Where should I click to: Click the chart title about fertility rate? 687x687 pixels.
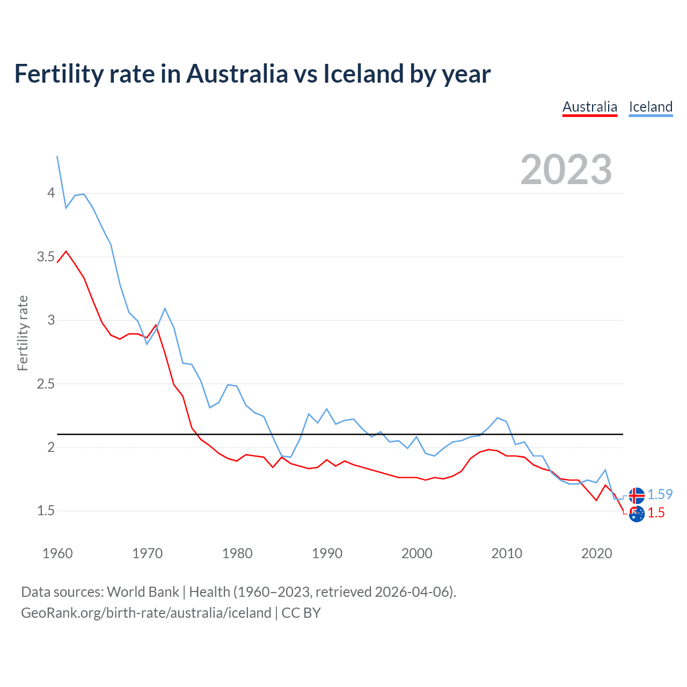coord(252,74)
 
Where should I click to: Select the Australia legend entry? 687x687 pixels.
coord(590,107)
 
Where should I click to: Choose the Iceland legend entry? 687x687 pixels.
coord(651,107)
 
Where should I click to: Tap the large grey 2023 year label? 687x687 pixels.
coord(566,170)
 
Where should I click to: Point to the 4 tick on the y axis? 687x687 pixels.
coord(51,193)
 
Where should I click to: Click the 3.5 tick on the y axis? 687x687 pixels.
coord(46,257)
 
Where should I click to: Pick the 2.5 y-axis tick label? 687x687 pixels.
coord(46,384)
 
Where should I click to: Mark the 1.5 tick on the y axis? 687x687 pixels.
coord(46,511)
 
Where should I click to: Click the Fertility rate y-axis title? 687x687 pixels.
coord(23,333)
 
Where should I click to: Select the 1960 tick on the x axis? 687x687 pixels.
coord(57,553)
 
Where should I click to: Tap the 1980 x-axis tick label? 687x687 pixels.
coord(237,553)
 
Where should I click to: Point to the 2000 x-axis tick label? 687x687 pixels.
coord(416,553)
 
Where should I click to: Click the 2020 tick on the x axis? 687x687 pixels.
coord(596,553)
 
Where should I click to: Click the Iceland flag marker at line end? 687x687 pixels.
coord(637,495)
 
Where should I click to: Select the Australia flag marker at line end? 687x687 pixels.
coord(637,514)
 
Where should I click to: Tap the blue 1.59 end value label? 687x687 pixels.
coord(660,494)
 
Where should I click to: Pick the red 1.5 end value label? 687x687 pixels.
coord(656,513)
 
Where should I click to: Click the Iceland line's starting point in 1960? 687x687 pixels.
coord(57,156)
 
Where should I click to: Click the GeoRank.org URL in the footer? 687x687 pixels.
coord(146,613)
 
